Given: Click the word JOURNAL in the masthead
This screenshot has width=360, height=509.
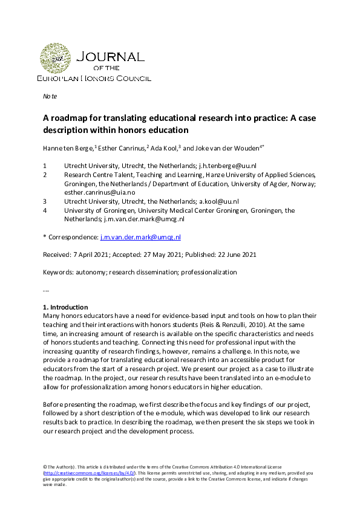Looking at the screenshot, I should (x=111, y=57).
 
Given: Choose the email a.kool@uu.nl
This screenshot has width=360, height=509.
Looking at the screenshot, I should (x=218, y=201).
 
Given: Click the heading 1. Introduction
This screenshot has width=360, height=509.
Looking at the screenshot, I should (x=65, y=307).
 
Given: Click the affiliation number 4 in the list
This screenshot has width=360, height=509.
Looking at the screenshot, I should (x=45, y=210).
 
